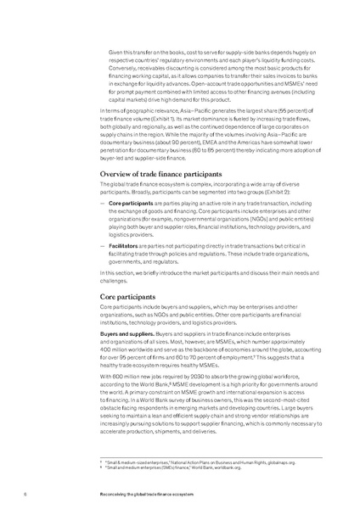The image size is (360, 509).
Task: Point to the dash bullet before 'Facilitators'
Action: tap(103, 244)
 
